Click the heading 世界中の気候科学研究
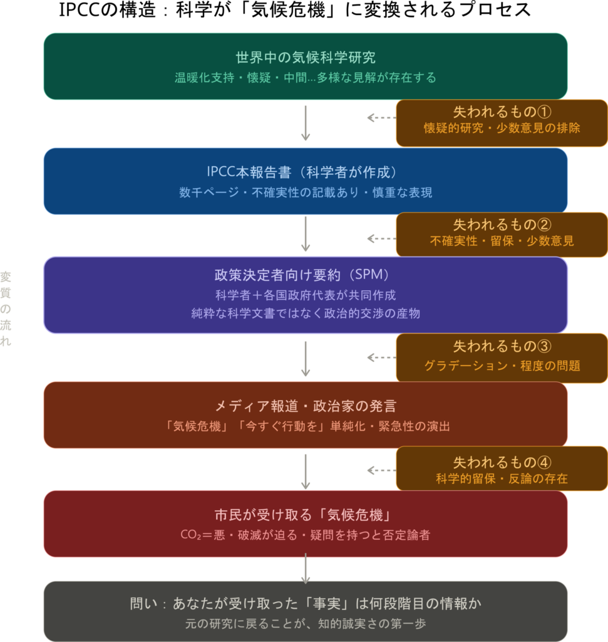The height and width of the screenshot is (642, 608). pos(306,58)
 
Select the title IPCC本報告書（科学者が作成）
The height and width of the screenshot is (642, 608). pos(306,172)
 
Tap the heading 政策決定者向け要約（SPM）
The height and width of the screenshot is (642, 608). pos(306,276)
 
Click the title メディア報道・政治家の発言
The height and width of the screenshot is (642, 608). pos(306,406)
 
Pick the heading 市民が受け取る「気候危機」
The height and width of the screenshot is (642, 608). pos(306,515)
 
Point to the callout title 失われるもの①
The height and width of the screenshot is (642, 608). pos(502,112)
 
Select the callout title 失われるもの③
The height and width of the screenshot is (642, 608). pos(502,345)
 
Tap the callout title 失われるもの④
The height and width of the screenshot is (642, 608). pos(502,462)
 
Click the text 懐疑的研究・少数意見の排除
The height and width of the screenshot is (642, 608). pos(502,128)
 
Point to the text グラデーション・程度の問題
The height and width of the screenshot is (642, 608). pos(502,365)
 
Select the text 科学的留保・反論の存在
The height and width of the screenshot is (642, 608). pos(502,479)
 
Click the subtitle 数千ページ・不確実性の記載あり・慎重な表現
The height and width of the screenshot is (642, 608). pos(306,192)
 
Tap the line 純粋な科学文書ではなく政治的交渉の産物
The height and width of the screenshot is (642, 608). pos(306,313)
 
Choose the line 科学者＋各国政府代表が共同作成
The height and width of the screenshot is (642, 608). pos(306,295)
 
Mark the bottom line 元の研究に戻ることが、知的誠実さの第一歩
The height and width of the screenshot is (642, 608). pos(306,624)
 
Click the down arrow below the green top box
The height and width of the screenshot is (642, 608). pos(306,124)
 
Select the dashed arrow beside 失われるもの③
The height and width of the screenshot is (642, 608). pos(381,357)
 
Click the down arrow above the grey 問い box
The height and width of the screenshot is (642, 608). pos(306,568)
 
